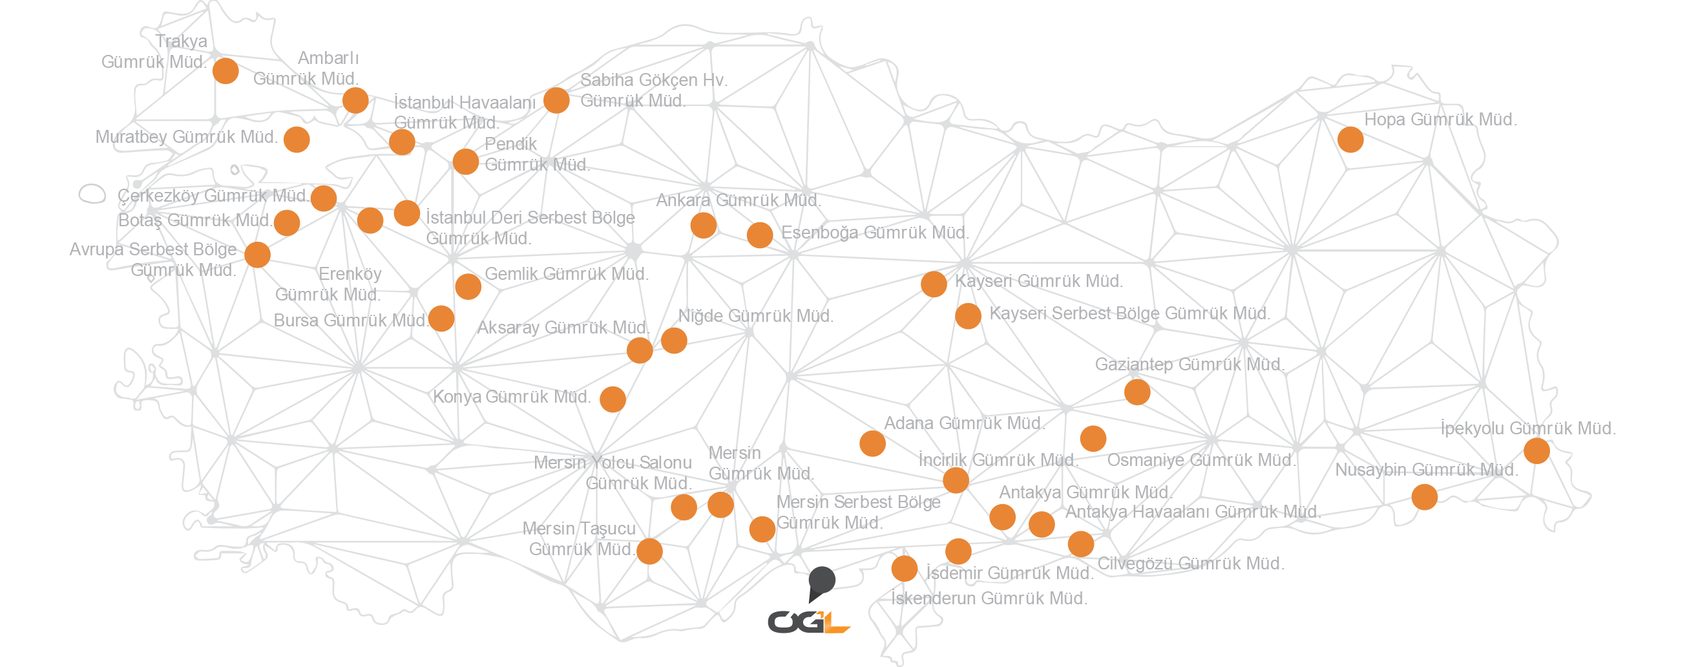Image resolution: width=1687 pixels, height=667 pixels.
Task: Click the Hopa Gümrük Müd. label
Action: (1440, 120)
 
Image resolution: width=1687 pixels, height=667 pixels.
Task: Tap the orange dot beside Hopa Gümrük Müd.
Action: (1350, 140)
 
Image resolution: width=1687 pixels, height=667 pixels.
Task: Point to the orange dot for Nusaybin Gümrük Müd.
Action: (1425, 497)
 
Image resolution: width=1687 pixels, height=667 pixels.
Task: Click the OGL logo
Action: (810, 621)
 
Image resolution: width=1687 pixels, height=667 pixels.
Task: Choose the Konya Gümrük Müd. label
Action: (512, 397)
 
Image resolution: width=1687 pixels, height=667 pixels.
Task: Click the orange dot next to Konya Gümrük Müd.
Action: (613, 399)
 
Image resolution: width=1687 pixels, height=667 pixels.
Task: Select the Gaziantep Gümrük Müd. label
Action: (1189, 365)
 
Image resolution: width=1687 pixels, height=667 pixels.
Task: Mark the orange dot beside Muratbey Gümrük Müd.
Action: (297, 140)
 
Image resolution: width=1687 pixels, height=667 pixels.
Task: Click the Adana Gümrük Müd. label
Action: (963, 423)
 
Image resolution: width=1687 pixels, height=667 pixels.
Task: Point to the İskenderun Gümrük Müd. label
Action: (990, 598)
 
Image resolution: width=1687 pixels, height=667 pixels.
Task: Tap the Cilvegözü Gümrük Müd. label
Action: (1191, 564)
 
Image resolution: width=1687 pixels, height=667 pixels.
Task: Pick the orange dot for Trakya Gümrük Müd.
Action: (226, 70)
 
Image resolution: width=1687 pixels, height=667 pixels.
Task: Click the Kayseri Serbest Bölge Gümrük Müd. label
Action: (1129, 314)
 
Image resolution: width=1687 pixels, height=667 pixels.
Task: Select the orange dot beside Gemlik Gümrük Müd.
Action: (468, 286)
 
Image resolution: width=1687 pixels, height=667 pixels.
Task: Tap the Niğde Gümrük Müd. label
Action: (756, 316)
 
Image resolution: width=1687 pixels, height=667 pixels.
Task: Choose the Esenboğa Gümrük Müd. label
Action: (875, 233)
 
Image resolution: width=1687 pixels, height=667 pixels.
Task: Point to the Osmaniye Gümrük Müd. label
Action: (1201, 461)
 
